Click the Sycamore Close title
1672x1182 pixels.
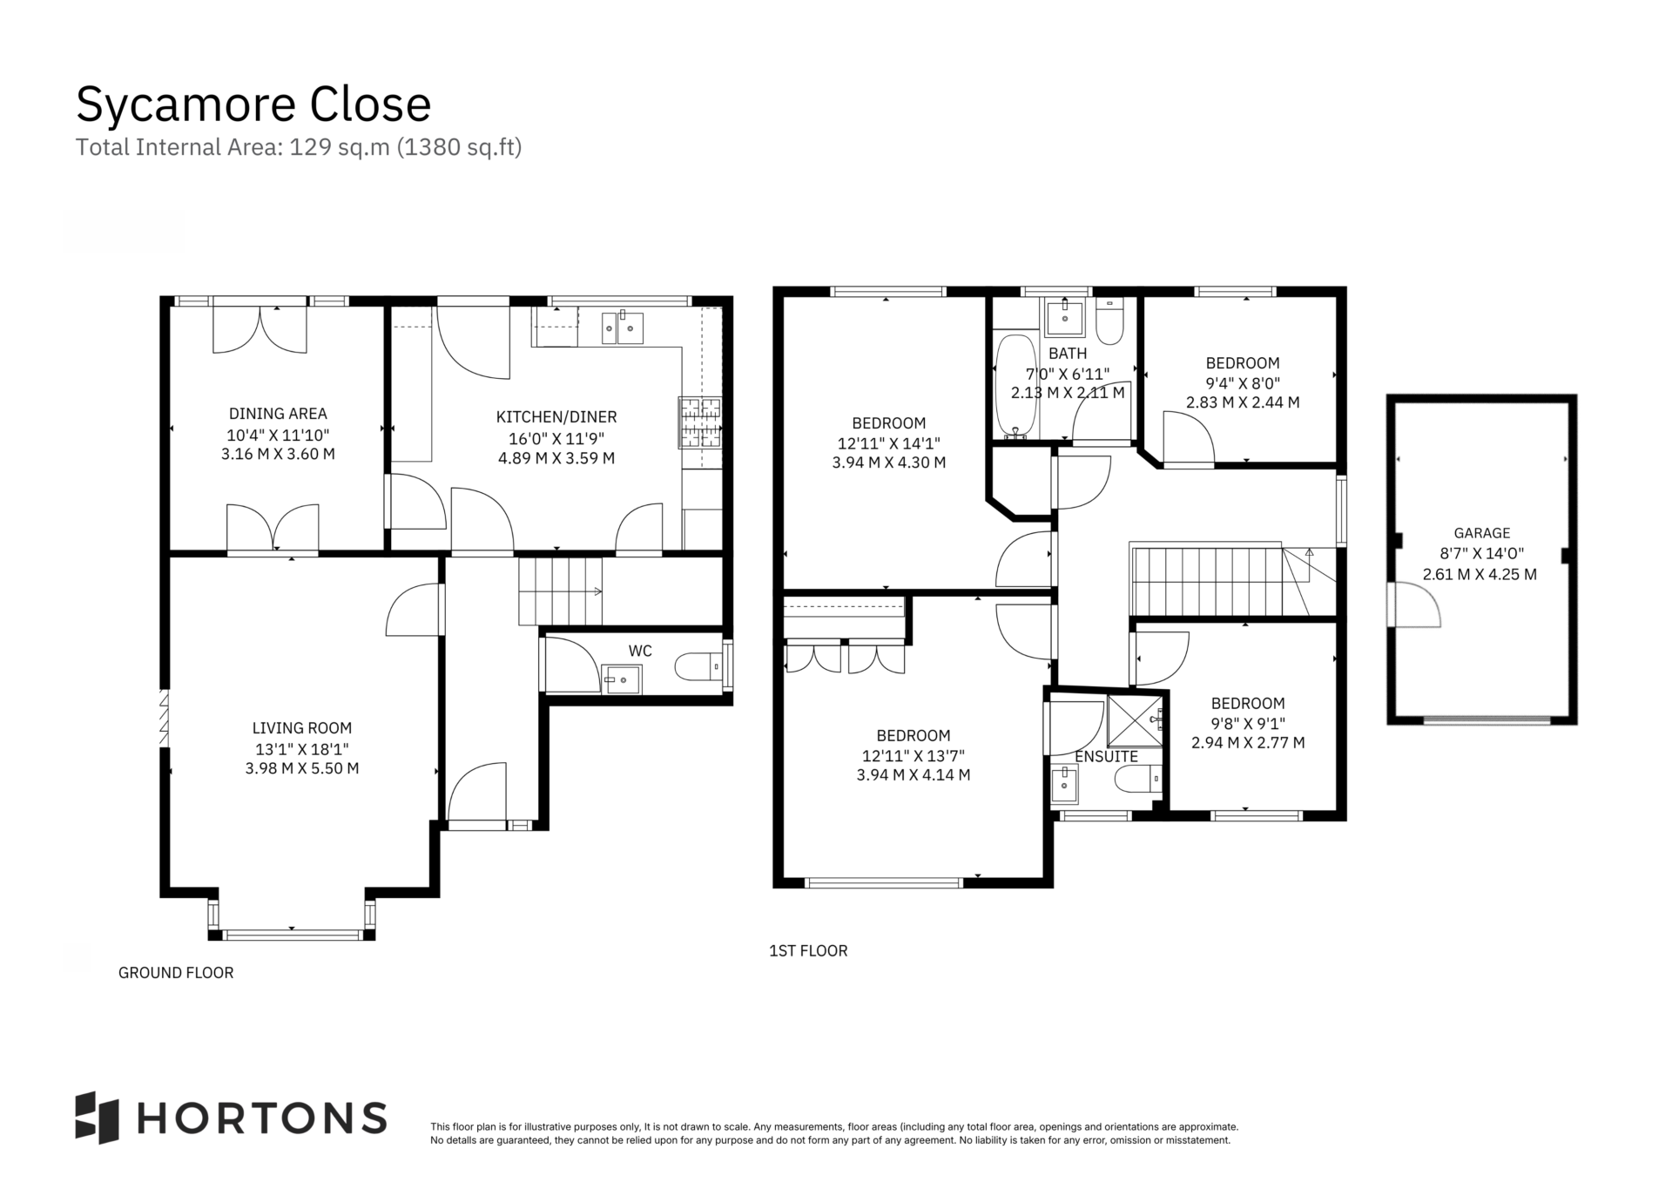click(x=253, y=105)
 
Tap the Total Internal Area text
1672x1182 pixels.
click(x=299, y=147)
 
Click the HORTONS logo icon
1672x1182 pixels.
click(x=97, y=1117)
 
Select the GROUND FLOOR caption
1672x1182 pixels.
click(x=176, y=973)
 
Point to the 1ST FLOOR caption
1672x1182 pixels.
click(x=808, y=951)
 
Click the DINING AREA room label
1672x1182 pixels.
click(x=278, y=414)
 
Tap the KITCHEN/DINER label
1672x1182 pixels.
click(x=556, y=417)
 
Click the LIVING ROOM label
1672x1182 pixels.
click(x=302, y=728)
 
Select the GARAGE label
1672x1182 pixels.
click(x=1482, y=533)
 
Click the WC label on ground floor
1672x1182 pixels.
click(x=640, y=651)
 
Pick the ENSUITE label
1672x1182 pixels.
click(x=1106, y=757)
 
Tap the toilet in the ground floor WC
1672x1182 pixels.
click(x=698, y=667)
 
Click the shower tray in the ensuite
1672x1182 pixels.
click(x=1136, y=720)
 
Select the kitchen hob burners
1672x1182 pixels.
click(x=700, y=423)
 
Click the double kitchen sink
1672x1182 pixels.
click(x=623, y=328)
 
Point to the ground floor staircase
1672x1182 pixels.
click(x=561, y=591)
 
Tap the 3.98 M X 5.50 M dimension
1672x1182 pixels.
click(x=302, y=768)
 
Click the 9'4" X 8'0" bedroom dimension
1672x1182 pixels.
click(x=1243, y=383)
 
